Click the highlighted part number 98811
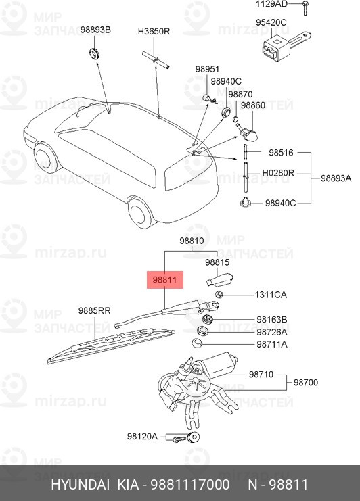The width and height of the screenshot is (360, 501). (x=164, y=280)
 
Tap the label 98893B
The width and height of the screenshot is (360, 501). (x=95, y=30)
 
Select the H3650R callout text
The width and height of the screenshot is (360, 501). (x=154, y=32)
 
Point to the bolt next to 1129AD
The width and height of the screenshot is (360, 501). (x=305, y=7)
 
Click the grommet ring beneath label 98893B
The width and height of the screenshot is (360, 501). (x=94, y=53)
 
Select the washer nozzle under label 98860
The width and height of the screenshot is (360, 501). (x=248, y=133)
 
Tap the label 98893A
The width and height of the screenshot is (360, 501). (x=336, y=178)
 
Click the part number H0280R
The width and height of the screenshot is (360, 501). (x=278, y=173)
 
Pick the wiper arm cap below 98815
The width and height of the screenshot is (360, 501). (x=219, y=279)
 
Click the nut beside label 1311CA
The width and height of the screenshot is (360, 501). (x=219, y=295)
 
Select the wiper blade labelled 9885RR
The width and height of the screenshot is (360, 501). (x=111, y=345)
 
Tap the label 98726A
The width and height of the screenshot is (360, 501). (x=272, y=332)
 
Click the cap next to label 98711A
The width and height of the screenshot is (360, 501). (x=197, y=343)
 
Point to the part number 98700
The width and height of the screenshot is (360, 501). (x=306, y=382)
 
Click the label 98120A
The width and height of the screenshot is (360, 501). (x=142, y=437)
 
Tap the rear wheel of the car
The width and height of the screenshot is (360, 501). (x=141, y=212)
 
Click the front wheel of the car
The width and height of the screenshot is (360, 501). (x=45, y=158)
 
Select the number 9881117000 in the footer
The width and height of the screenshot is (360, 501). (x=190, y=484)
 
